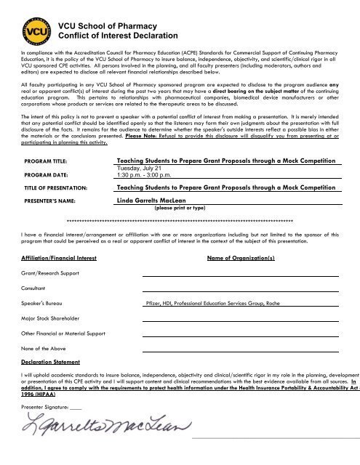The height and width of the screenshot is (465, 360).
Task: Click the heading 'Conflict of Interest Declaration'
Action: (118, 36)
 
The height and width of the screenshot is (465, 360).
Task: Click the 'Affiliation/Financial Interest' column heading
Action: (59, 278)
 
